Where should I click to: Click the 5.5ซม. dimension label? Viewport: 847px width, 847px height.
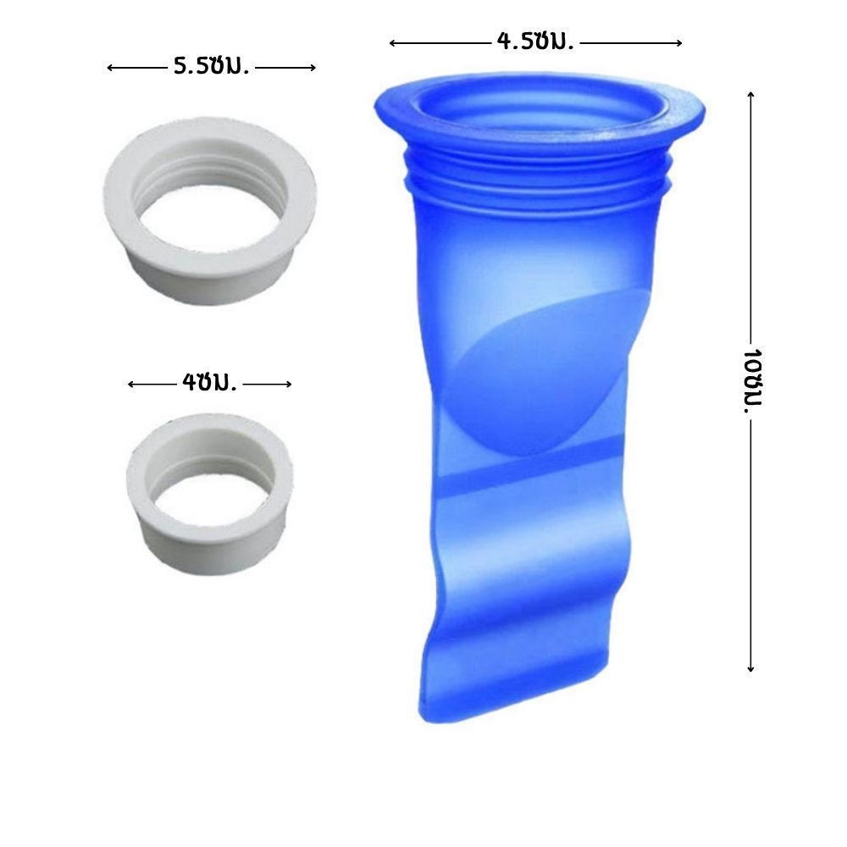[211, 66]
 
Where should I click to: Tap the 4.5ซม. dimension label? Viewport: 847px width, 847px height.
[534, 41]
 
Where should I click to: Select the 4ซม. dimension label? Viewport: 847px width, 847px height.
[209, 383]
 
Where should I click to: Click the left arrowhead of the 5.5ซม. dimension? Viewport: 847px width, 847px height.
[109, 68]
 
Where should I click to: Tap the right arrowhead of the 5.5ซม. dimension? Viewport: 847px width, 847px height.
[313, 68]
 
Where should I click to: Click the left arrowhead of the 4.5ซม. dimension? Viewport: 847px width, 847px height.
[392, 43]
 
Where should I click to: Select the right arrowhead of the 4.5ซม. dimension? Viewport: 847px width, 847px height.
[679, 42]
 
